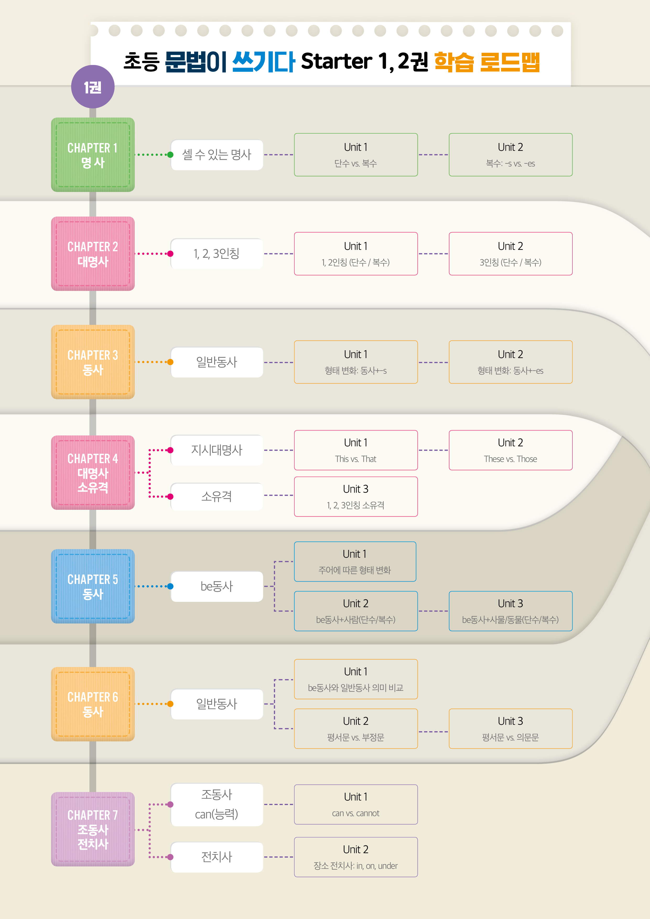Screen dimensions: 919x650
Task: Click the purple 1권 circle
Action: (93, 87)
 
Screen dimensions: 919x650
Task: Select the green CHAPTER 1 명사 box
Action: (93, 155)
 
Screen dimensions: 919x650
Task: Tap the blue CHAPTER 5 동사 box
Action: (93, 586)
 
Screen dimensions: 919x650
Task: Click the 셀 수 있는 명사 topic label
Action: (217, 155)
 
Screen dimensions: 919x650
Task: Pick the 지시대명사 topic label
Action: (217, 450)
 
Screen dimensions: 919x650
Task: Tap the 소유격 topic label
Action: (217, 496)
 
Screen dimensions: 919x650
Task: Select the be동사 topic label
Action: (217, 586)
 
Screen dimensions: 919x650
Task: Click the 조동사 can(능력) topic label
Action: (217, 805)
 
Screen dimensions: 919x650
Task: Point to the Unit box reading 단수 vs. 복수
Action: (356, 155)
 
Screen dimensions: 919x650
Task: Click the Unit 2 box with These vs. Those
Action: (510, 450)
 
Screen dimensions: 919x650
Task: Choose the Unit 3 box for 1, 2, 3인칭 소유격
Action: (356, 496)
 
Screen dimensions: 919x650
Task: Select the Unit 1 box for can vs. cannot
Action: (356, 805)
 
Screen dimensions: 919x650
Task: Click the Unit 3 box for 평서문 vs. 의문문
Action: (510, 729)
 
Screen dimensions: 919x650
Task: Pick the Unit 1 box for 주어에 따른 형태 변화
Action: (355, 562)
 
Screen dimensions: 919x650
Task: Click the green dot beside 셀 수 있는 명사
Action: (170, 155)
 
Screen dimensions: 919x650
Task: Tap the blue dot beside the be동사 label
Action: (170, 586)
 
